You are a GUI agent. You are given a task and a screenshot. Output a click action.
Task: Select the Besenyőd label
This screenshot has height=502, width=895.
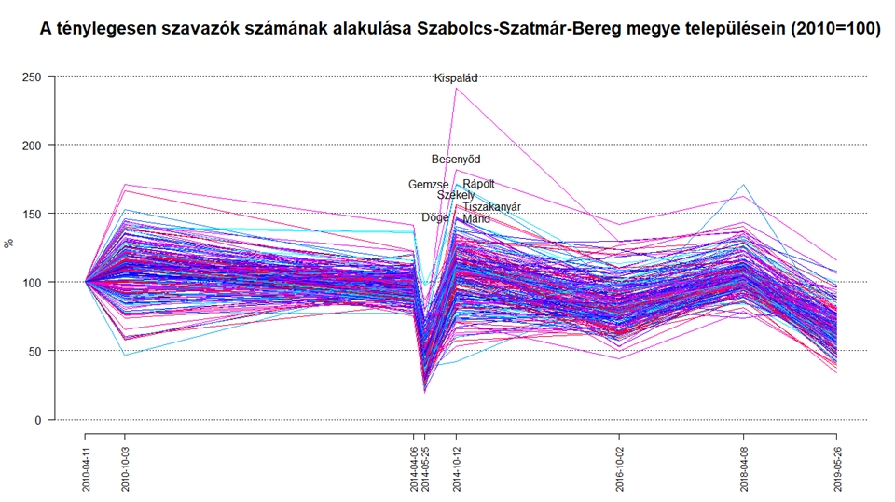tap(456, 160)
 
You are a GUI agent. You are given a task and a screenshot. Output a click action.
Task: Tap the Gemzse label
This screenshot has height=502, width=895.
tap(428, 185)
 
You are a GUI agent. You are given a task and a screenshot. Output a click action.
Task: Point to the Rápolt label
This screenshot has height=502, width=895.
tap(478, 184)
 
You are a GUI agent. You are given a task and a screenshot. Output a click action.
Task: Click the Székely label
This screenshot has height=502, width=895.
tap(456, 195)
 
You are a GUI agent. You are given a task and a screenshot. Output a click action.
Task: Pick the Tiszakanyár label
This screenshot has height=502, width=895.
tap(491, 207)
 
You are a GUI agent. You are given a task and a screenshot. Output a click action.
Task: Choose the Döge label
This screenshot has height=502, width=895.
tap(434, 217)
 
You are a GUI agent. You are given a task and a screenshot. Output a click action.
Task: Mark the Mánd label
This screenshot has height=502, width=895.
tap(476, 218)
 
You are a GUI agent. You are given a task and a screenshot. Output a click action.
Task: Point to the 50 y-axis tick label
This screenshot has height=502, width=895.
tap(36, 351)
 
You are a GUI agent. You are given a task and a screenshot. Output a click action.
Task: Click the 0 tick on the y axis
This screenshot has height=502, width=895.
tap(39, 420)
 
